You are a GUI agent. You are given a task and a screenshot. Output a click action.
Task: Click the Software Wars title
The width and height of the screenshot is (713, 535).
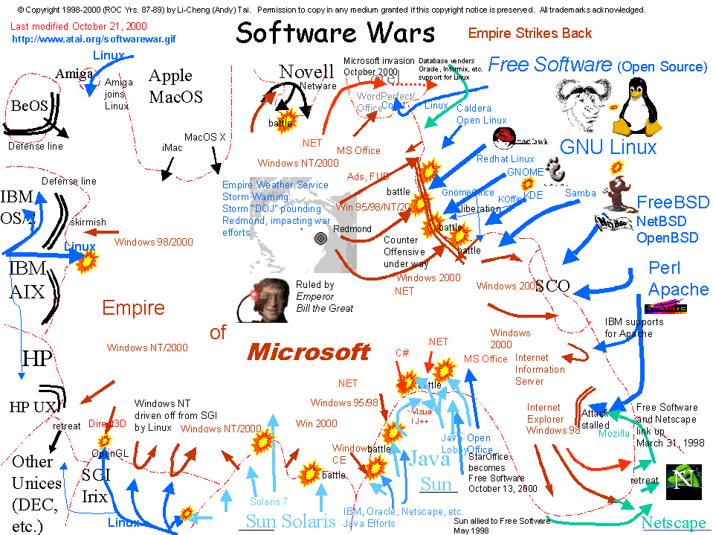click(x=335, y=33)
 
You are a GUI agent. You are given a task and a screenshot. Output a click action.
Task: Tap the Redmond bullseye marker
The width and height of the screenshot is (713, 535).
click(x=321, y=239)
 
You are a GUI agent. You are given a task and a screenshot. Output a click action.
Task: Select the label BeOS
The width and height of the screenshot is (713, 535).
click(x=29, y=106)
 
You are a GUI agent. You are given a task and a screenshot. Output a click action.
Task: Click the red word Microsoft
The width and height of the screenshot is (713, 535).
click(x=308, y=351)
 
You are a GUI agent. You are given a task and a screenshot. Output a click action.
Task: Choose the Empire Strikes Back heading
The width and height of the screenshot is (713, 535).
click(x=530, y=33)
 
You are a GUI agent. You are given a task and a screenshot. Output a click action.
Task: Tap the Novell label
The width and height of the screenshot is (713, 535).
click(x=306, y=72)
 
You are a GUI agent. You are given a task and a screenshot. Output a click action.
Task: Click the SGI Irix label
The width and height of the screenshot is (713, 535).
click(x=94, y=484)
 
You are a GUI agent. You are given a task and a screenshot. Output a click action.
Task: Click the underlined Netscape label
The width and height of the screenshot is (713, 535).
click(x=674, y=523)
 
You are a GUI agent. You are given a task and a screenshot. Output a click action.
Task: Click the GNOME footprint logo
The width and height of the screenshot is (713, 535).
click(x=554, y=169)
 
